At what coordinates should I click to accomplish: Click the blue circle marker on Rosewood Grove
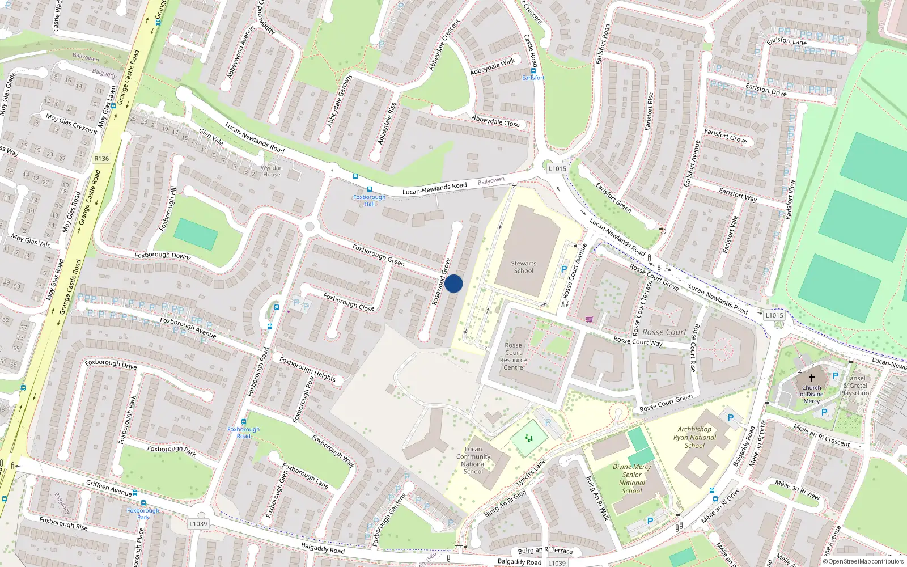click(x=453, y=283)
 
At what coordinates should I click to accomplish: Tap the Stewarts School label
click(x=523, y=267)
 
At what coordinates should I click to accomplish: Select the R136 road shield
click(x=101, y=159)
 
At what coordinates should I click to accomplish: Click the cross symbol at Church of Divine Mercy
click(x=811, y=378)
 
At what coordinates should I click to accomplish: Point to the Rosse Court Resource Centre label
click(x=513, y=356)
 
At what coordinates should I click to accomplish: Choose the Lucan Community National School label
click(x=473, y=460)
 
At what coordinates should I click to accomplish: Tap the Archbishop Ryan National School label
click(x=694, y=437)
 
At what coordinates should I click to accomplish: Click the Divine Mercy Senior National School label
click(x=631, y=479)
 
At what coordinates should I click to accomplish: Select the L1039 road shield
click(x=198, y=523)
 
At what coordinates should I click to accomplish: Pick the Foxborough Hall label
click(x=369, y=200)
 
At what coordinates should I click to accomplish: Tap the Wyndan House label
click(x=272, y=171)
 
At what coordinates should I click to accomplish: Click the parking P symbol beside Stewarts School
click(x=563, y=270)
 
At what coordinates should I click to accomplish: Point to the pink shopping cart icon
click(x=590, y=319)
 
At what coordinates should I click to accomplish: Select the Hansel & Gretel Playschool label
click(x=855, y=386)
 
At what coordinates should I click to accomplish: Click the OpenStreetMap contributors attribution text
click(x=863, y=562)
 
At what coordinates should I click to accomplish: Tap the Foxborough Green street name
click(x=378, y=255)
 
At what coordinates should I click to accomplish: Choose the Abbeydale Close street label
click(x=495, y=121)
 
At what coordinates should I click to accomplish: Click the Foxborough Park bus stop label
click(x=143, y=514)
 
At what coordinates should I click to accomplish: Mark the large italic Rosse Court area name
click(x=664, y=332)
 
